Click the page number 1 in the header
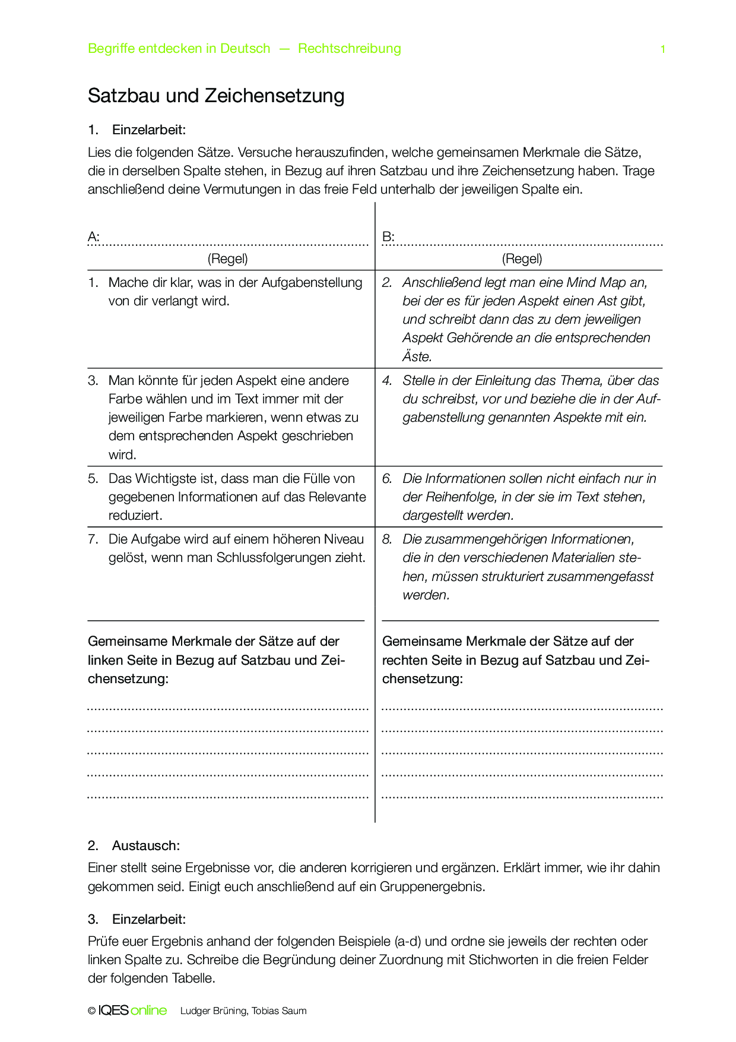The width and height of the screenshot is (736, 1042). coord(662,49)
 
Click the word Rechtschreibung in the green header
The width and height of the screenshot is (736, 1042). coord(349,49)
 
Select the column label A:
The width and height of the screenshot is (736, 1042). coord(94,237)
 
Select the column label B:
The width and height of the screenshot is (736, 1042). coord(388,237)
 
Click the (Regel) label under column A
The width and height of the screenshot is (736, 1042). coord(227,258)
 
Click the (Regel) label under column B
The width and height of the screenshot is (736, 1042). coord(522,258)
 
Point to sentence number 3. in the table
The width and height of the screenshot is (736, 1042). coord(93,381)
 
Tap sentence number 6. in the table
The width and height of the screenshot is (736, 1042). coord(387,479)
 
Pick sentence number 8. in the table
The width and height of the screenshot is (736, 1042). coord(387,539)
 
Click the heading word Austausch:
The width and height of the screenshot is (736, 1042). coord(145,845)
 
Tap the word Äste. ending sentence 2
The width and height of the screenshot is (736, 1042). coord(417,357)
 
